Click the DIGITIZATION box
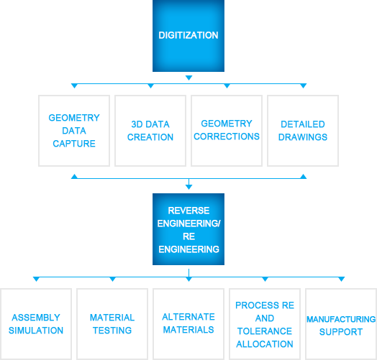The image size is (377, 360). (188, 35)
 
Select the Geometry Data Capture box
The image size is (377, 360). (74, 131)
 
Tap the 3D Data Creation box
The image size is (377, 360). (150, 131)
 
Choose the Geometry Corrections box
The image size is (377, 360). (227, 131)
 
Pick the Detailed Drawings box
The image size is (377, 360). (303, 131)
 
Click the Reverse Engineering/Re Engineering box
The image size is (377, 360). (188, 229)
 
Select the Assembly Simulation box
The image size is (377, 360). (36, 324)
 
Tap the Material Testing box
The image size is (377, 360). (112, 324)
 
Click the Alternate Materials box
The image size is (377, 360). (188, 324)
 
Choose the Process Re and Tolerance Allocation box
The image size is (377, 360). (265, 324)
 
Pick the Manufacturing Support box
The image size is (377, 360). (341, 324)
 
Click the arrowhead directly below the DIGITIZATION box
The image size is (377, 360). (188, 78)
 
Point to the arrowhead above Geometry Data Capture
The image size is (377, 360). (74, 86)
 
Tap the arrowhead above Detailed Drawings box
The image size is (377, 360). (303, 86)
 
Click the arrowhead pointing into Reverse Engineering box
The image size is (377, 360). (188, 187)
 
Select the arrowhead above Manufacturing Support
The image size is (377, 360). (342, 279)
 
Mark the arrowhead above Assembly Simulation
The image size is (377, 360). (36, 279)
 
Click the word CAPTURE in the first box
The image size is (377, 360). (74, 144)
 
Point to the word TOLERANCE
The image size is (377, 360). (265, 331)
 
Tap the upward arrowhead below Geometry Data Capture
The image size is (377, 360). (74, 177)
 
